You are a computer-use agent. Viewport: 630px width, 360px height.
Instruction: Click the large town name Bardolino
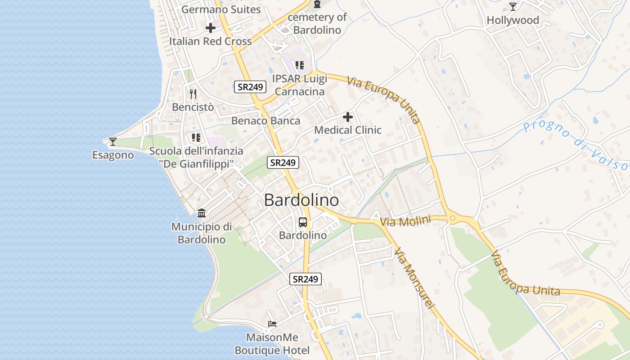tap(301, 200)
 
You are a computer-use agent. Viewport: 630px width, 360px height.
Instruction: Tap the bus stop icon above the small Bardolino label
tap(303, 222)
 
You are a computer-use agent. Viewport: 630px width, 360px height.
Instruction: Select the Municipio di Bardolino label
tap(202, 233)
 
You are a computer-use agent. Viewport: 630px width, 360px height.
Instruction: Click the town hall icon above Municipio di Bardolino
tap(202, 213)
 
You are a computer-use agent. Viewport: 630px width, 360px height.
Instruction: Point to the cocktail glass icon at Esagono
tap(113, 142)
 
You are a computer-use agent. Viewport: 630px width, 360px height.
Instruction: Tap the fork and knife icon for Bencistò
tap(193, 94)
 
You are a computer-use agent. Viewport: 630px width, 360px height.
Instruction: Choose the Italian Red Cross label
tap(210, 41)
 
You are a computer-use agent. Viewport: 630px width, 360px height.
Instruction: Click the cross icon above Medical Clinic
tap(348, 117)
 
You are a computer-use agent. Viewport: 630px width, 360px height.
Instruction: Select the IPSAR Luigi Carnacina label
tap(299, 85)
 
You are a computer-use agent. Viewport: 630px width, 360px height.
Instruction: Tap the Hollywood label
tap(513, 20)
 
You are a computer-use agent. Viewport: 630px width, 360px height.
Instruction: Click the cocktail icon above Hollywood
tap(513, 6)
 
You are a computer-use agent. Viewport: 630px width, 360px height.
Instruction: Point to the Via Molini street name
tap(405, 221)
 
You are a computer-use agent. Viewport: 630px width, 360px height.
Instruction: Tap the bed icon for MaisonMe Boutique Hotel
tap(272, 324)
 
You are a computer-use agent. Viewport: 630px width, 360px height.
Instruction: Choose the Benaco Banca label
tap(265, 121)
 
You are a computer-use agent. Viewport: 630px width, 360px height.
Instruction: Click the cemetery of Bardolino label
tap(317, 24)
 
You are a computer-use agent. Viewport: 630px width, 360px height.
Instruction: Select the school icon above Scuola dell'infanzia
tap(196, 137)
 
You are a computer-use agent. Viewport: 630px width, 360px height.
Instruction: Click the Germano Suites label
tap(221, 9)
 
